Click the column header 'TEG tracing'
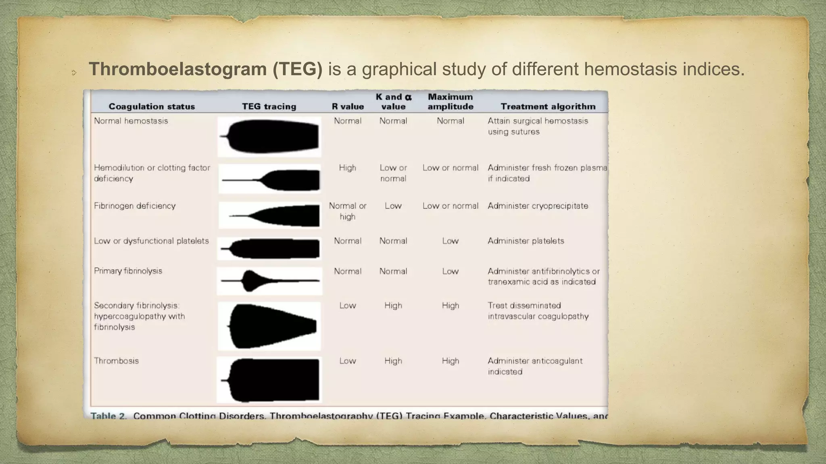point(269,106)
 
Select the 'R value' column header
point(348,106)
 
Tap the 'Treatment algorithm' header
point(548,106)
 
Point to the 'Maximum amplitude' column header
point(451,101)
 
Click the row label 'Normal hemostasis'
point(131,121)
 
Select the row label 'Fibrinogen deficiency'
point(135,206)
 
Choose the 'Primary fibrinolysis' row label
point(128,271)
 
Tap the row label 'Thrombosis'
point(116,361)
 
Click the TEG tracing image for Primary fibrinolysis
point(269,281)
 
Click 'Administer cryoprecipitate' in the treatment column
point(538,206)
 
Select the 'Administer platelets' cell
point(526,241)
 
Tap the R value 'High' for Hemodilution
point(347,168)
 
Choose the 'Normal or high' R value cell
point(347,211)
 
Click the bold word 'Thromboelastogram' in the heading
point(177,69)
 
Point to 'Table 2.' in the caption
point(108,415)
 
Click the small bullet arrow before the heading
point(74,73)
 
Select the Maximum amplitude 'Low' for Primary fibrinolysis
point(450,271)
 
